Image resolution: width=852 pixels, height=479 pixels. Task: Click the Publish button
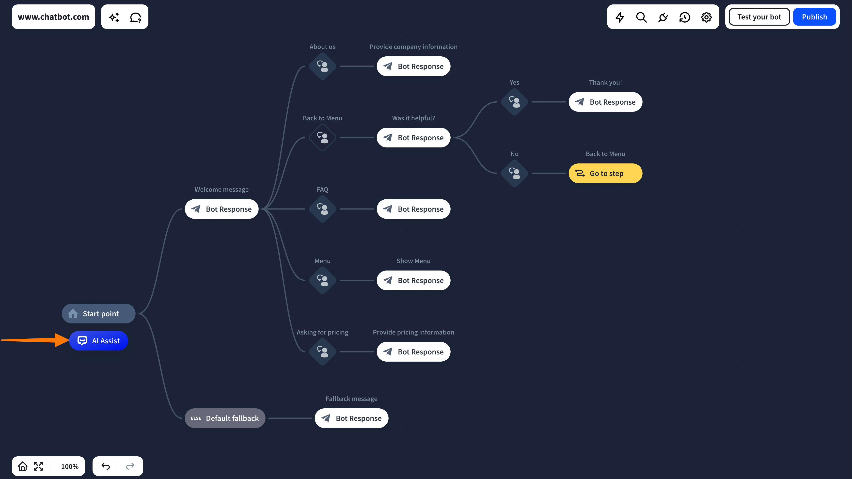click(x=814, y=17)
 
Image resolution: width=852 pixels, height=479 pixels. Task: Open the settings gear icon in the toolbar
click(x=706, y=17)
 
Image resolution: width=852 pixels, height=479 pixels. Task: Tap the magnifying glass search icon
click(x=641, y=17)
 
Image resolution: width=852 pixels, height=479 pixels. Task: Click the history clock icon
click(x=685, y=17)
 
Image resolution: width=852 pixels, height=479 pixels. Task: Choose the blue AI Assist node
click(x=98, y=341)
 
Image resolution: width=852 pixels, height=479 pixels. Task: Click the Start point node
click(x=98, y=314)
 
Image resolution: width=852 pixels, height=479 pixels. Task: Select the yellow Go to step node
click(x=605, y=173)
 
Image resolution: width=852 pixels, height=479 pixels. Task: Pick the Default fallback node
click(x=225, y=418)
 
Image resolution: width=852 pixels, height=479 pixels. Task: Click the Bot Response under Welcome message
click(x=221, y=209)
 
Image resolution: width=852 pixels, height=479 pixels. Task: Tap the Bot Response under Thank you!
click(x=605, y=102)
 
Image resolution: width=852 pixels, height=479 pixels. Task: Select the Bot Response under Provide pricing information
click(x=413, y=352)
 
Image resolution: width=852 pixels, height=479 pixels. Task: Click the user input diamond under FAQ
click(x=322, y=209)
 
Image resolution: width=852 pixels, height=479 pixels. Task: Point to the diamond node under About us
click(x=322, y=66)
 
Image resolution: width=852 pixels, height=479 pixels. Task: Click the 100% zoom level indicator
click(x=70, y=466)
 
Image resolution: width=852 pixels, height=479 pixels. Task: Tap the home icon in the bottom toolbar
click(x=22, y=466)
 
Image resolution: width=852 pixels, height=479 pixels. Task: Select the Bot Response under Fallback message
click(x=352, y=418)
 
